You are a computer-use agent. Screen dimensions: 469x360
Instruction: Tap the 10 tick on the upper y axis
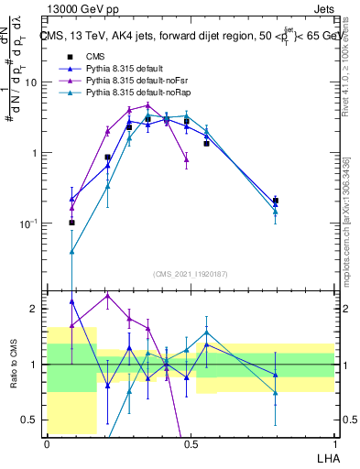click(31, 82)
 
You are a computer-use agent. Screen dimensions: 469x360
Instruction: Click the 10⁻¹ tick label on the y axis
click(28, 224)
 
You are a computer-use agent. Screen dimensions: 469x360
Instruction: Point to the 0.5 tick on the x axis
click(191, 443)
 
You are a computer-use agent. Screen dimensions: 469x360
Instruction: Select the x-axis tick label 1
click(334, 443)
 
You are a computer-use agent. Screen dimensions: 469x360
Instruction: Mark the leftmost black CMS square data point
click(72, 223)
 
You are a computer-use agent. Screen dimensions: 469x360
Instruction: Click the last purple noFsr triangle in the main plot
click(186, 159)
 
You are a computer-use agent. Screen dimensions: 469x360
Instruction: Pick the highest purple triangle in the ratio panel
click(107, 296)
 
